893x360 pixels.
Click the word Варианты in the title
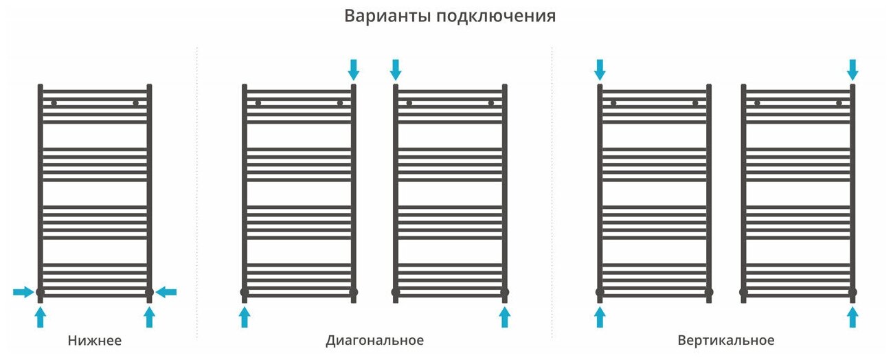386,16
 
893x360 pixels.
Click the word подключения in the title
495,16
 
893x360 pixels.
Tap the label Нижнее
95,341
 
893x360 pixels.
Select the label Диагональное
374,341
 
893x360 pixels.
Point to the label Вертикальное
725,341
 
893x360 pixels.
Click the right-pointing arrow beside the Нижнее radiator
23,293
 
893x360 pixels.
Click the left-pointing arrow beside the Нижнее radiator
166,293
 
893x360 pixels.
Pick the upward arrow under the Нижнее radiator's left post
40,317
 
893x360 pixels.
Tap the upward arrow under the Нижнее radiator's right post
149,317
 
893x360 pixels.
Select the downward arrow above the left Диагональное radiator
354,69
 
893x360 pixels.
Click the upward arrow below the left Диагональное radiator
244,317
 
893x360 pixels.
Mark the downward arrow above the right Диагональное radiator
395,69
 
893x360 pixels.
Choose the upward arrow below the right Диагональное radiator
505,317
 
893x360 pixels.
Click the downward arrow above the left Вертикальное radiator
600,69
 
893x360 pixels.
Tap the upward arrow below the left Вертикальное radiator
600,317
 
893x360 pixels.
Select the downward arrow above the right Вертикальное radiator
852,69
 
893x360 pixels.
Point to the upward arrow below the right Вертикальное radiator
852,317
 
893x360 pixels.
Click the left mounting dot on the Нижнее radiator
54,103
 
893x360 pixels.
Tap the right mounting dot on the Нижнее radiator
136,103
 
